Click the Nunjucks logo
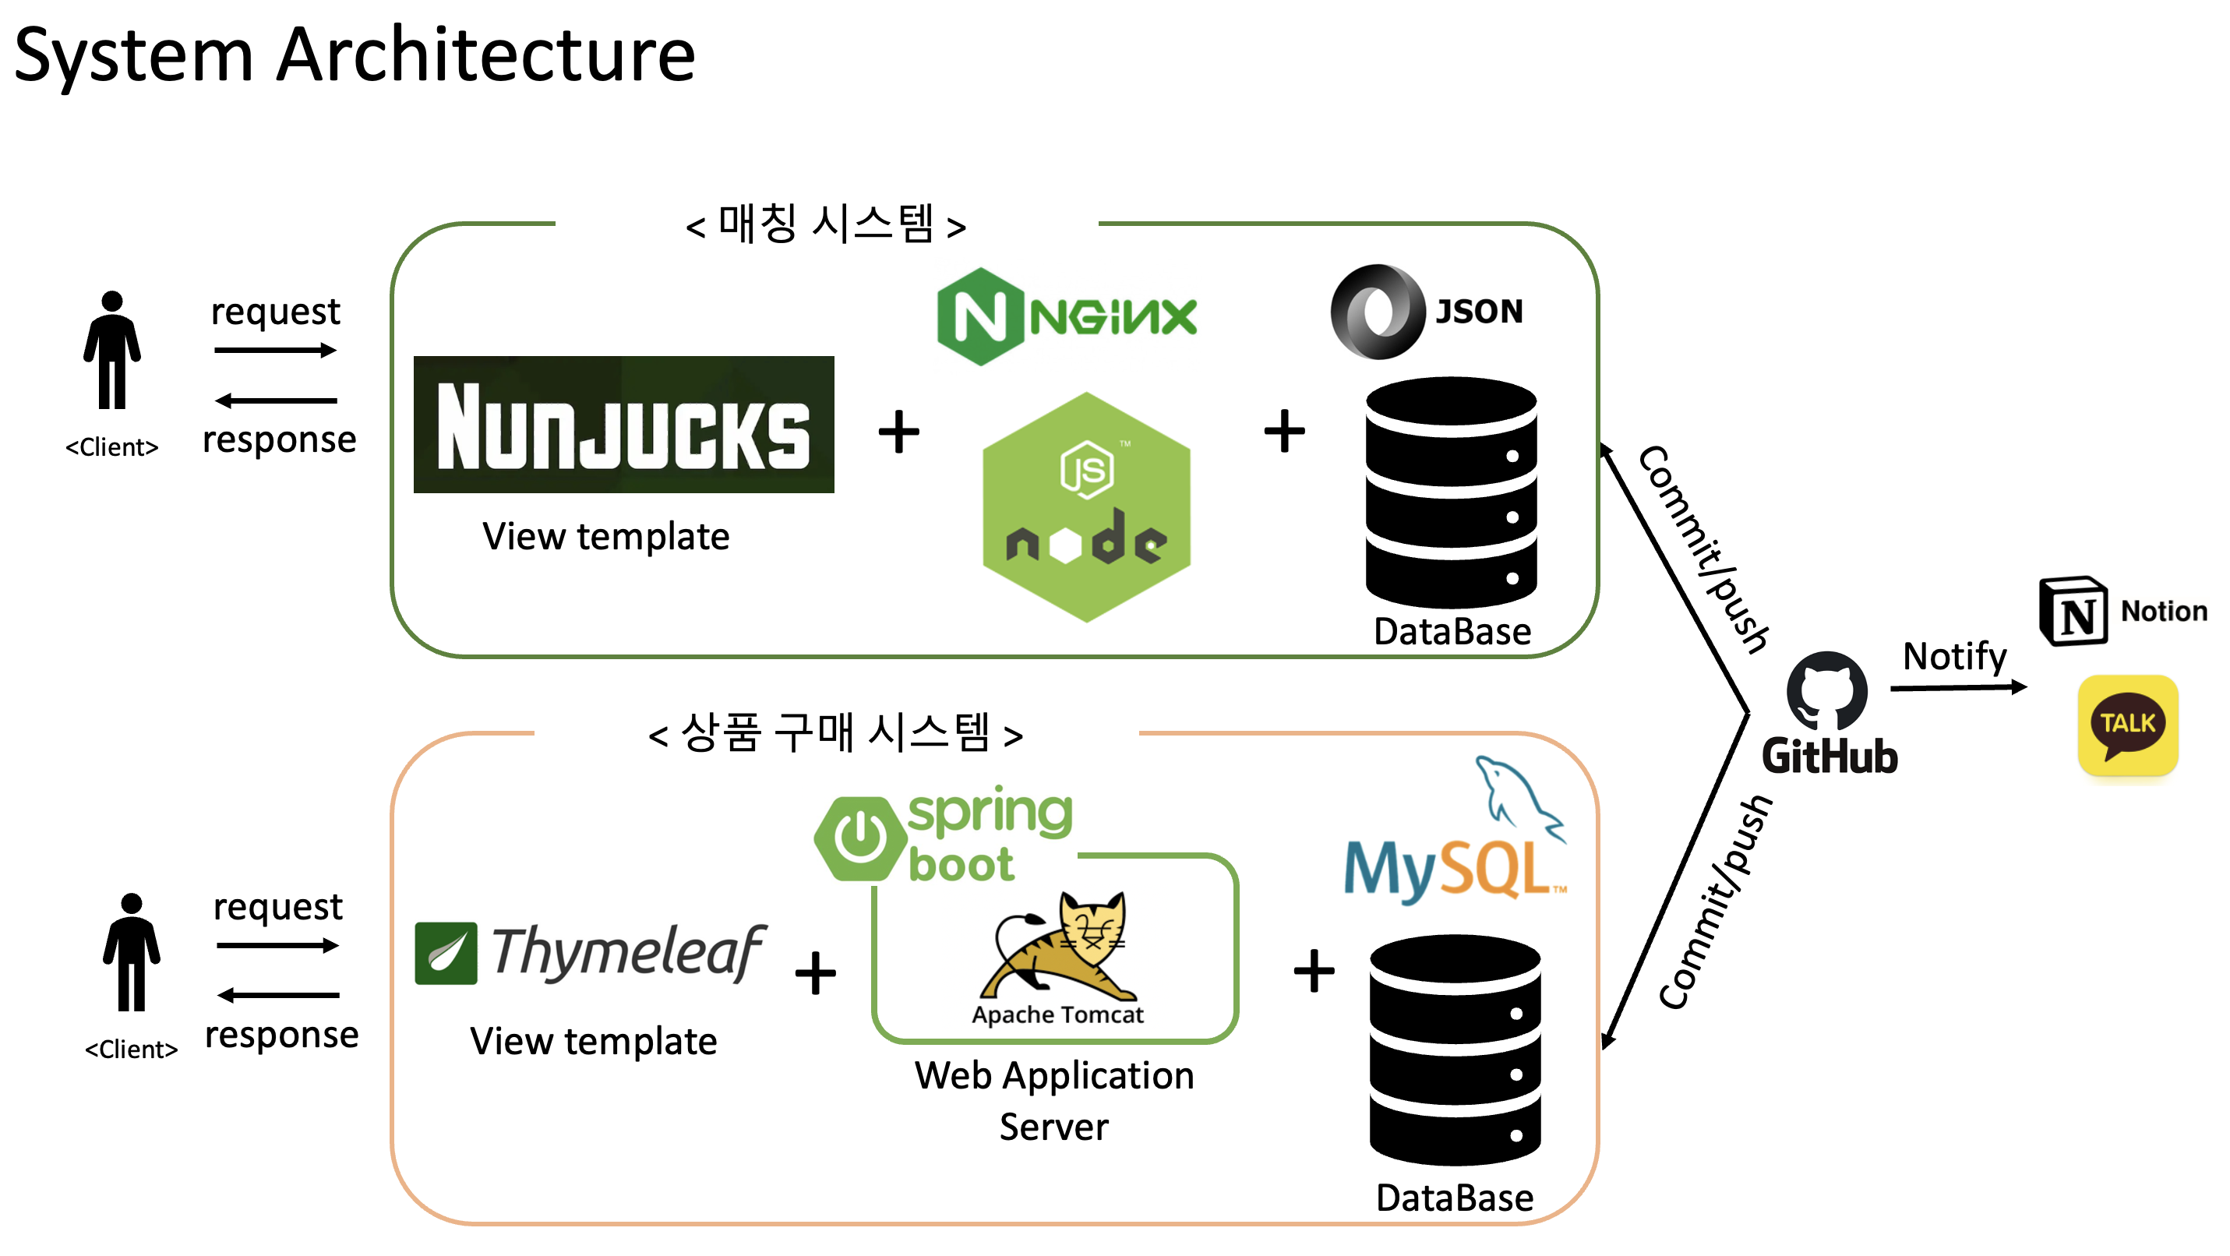coord(623,424)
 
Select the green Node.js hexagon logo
coord(1086,507)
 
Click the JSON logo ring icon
coord(1378,312)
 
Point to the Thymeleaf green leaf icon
coord(445,953)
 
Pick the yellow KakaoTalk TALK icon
coord(2127,725)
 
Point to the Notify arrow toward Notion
coord(1958,687)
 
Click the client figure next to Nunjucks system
coord(111,350)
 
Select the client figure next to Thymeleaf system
coord(132,952)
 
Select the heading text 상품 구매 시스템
coord(835,734)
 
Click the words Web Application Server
coord(1053,1100)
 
